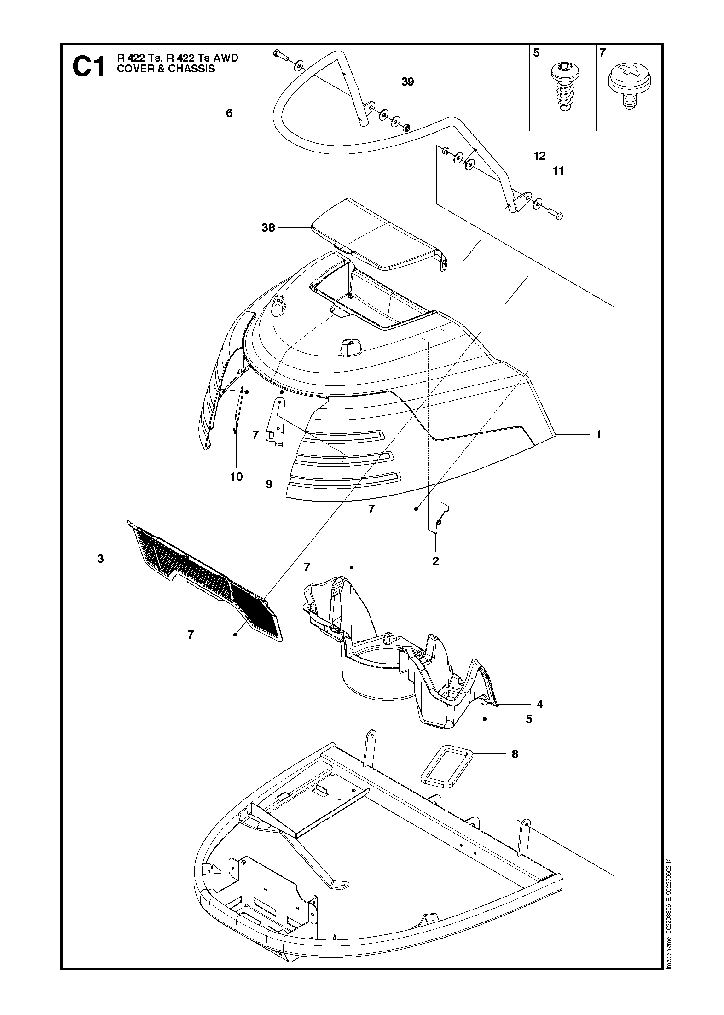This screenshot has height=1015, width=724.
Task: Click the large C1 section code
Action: tap(89, 67)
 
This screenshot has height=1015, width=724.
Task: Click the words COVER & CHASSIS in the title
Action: tap(166, 69)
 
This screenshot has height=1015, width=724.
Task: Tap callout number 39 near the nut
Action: tap(407, 82)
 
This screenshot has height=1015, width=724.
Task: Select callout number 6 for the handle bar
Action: tap(230, 113)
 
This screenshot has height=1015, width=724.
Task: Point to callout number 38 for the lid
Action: tap(268, 227)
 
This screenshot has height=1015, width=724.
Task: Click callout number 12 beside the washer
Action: tap(540, 156)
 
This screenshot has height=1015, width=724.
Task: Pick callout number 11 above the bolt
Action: tap(558, 171)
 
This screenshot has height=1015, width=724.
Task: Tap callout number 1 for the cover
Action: tap(598, 434)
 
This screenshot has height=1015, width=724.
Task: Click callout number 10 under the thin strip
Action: tap(236, 477)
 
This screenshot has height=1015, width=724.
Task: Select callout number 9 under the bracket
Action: tap(269, 484)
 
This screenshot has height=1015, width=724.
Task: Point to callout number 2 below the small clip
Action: tap(435, 561)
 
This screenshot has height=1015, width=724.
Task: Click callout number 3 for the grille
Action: tap(100, 559)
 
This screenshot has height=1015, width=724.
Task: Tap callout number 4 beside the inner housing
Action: tap(540, 704)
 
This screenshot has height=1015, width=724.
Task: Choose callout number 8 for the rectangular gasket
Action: tap(515, 754)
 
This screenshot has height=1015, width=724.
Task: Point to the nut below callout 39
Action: tap(407, 128)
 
